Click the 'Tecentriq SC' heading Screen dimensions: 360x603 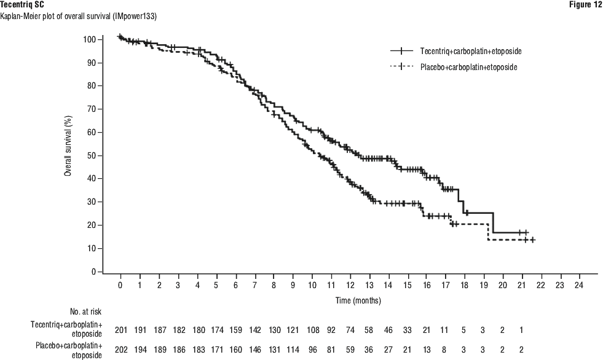click(22, 5)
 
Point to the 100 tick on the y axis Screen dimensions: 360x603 click(90, 39)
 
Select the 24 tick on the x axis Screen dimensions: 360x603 click(578, 286)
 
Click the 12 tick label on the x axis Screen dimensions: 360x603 click(350, 286)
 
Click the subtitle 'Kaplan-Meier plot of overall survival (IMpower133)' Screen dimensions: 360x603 click(78, 16)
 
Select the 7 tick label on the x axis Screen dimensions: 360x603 click(254, 286)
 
